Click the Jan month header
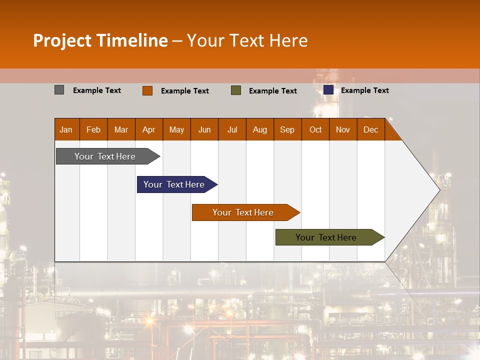[66, 129]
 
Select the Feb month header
[93, 129]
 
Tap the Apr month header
[149, 129]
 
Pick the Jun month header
[204, 129]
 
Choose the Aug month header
[260, 129]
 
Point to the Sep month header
[287, 129]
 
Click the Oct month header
[315, 129]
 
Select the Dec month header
[371, 129]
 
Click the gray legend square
[59, 90]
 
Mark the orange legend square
[147, 90]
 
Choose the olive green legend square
[236, 90]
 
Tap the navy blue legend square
[328, 90]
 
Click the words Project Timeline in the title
[100, 40]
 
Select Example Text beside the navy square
[365, 90]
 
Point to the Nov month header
[343, 129]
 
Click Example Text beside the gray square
[97, 90]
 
